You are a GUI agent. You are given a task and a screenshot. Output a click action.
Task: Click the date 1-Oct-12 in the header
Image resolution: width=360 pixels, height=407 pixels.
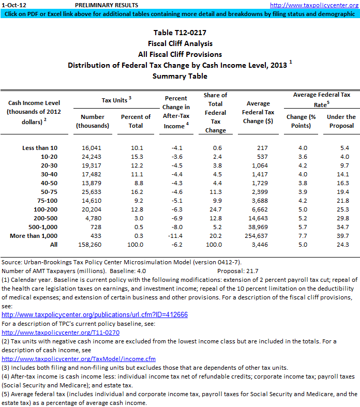click(11, 5)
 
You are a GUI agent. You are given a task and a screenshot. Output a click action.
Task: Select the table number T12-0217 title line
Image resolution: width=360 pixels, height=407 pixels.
click(179, 33)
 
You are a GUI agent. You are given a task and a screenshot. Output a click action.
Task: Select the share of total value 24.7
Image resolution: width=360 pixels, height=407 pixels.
click(215, 209)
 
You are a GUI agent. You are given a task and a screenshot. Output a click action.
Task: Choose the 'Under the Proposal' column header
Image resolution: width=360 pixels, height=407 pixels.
click(341, 121)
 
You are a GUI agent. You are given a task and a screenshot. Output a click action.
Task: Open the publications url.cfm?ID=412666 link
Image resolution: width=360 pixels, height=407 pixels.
click(95, 314)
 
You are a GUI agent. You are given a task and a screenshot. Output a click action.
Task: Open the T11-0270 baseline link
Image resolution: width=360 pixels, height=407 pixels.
click(61, 332)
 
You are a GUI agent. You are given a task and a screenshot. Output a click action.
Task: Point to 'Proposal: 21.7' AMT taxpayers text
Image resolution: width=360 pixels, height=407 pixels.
click(237, 270)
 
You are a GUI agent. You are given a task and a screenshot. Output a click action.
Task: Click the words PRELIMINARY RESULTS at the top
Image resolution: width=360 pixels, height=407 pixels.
click(107, 5)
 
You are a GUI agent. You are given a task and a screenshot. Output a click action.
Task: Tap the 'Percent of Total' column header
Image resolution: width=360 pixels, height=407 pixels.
click(136, 121)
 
